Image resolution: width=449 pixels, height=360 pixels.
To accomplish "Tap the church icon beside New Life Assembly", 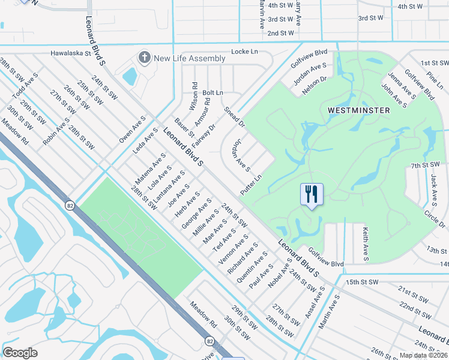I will [144, 58].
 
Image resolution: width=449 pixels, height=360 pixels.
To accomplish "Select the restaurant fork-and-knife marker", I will [312, 194].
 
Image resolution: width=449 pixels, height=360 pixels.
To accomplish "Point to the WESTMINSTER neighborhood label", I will [359, 110].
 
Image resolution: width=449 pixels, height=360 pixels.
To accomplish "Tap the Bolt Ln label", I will [212, 93].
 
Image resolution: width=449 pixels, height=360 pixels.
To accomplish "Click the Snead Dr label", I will [234, 117].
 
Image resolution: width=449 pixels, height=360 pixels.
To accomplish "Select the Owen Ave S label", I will [132, 129].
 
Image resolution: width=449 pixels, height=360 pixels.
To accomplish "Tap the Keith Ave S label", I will [364, 242].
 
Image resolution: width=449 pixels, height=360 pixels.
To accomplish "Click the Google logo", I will [20, 352].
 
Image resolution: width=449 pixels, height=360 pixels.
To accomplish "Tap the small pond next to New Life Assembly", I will [129, 76].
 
